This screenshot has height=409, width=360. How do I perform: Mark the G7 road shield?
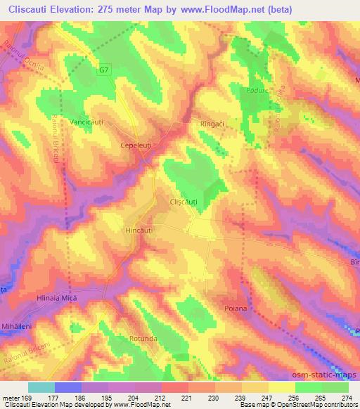(x=104, y=70)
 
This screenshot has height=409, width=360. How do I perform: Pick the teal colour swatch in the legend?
(x=41, y=387)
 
